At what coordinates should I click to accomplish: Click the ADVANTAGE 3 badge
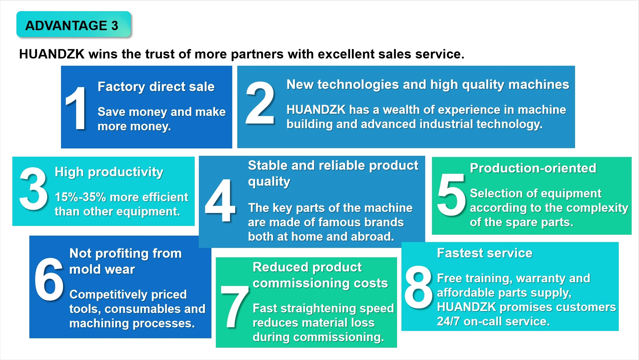coord(73,24)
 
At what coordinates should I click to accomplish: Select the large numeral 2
coord(260,103)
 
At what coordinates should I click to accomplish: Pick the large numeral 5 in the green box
coord(451,195)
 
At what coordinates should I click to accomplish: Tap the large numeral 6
coord(49,279)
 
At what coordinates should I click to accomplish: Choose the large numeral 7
coord(235,307)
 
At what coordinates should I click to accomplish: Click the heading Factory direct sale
coord(156,87)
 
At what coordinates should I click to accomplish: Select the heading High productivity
coord(109,172)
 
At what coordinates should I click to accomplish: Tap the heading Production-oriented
coord(533,168)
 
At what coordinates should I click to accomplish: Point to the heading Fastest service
coord(485,253)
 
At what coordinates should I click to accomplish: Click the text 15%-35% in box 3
coord(80,197)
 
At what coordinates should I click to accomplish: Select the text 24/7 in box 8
coord(448,322)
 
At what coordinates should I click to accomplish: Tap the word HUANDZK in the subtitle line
coord(52,54)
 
